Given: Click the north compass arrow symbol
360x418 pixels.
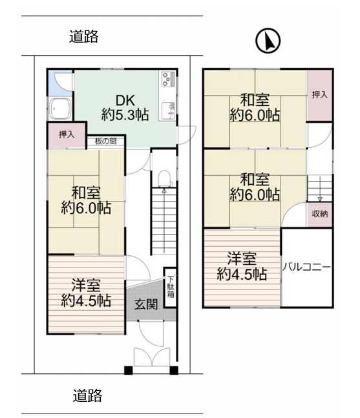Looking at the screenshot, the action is pos(268,41).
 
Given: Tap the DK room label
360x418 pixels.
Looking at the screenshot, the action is pos(125,101).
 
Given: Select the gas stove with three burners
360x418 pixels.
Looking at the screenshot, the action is pos(168,79).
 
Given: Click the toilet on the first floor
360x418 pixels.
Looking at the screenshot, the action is pos(164,178).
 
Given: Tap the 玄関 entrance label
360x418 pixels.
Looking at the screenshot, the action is pos(146,304).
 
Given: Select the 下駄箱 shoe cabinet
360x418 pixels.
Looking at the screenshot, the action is pos(171,287).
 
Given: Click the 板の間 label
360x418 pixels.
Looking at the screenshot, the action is pos(106,141).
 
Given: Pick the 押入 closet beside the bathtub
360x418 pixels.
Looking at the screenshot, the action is pos(67,135).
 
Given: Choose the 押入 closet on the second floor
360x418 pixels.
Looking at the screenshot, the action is pos(319,95).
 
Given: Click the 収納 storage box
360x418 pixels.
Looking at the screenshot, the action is pos(319,214).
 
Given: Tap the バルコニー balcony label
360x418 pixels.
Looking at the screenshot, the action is pos(306,267).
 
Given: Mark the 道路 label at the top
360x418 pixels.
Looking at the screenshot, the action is pos(84,36).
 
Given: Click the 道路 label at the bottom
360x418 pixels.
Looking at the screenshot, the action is pos(87,395).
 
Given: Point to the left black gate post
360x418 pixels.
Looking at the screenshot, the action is pos(128,371).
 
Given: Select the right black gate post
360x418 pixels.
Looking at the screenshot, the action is pos(174,371).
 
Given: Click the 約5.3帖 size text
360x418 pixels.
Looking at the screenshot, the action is pos(125,115).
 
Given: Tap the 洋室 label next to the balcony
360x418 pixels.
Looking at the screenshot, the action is pos(242,258).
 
